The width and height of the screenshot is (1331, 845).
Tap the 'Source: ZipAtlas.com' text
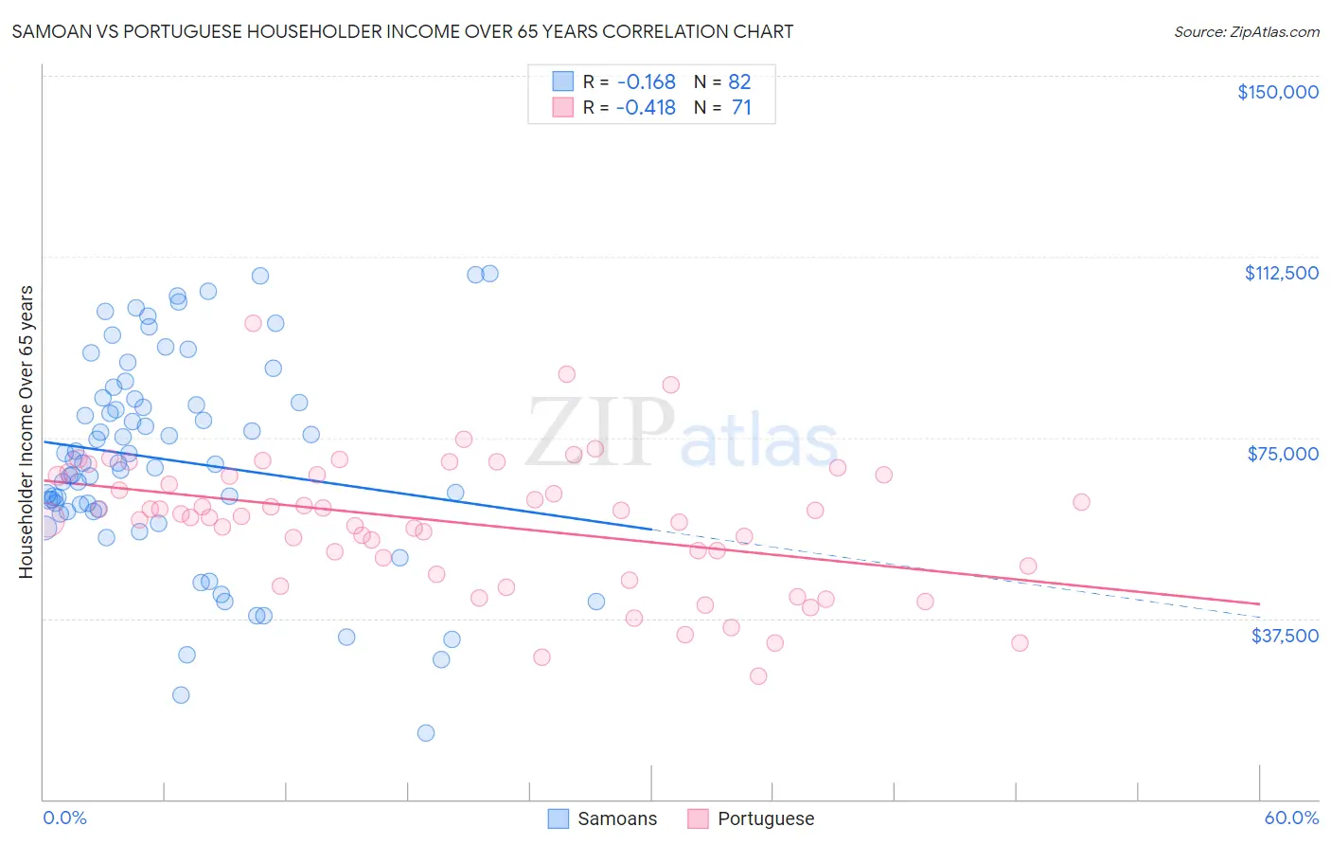(x=1246, y=31)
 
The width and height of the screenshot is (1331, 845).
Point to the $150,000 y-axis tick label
(x=1277, y=92)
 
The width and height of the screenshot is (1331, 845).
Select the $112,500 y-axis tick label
(x=1281, y=273)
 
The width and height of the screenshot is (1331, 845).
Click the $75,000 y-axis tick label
(x=1283, y=454)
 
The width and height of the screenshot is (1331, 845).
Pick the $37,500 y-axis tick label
(x=1285, y=636)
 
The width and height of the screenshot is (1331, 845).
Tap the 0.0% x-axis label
(x=64, y=818)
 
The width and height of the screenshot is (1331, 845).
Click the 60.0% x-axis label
(x=1291, y=818)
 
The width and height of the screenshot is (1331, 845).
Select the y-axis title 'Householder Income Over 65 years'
(x=27, y=431)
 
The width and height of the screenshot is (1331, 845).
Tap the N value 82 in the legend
(x=739, y=81)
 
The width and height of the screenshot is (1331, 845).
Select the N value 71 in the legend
(x=741, y=108)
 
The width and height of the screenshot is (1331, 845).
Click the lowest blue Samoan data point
(x=426, y=732)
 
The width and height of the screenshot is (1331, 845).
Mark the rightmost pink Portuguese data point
(x=1081, y=502)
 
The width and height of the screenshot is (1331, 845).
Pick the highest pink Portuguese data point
(x=253, y=323)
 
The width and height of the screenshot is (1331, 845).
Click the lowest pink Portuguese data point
(x=758, y=675)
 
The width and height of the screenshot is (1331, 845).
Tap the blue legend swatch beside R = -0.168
(x=562, y=81)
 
